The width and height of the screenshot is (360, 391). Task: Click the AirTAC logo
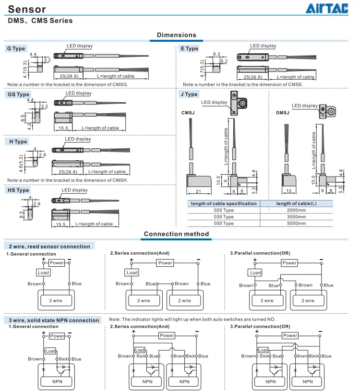tap(327, 8)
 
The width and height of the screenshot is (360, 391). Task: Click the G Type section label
tap(16, 48)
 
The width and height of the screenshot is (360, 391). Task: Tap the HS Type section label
tap(18, 190)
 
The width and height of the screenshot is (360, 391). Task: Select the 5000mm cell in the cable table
tap(296, 224)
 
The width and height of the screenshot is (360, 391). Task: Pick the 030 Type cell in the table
tap(224, 217)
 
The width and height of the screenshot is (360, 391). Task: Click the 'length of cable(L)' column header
tap(296, 203)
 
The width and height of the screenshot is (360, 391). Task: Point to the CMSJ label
tap(188, 113)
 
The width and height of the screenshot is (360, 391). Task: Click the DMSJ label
tap(282, 113)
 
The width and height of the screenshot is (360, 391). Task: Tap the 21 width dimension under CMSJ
tap(198, 191)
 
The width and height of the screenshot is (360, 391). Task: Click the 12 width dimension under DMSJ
tap(288, 191)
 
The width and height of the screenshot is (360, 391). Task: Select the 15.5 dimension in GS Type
tap(63, 128)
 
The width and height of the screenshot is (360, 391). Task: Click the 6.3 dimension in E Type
tap(216, 54)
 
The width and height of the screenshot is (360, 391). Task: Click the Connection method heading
tap(176, 234)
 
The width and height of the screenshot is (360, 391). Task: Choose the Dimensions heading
tap(176, 35)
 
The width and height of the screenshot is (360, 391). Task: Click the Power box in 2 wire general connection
tap(57, 262)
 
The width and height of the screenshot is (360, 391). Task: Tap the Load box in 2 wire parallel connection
tap(255, 273)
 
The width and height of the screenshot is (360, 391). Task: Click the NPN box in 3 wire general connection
tap(57, 381)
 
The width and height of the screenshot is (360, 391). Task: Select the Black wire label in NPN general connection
tap(63, 359)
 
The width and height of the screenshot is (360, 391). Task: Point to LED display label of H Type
tap(78, 139)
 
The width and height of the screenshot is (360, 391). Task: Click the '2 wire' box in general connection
tap(56, 300)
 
